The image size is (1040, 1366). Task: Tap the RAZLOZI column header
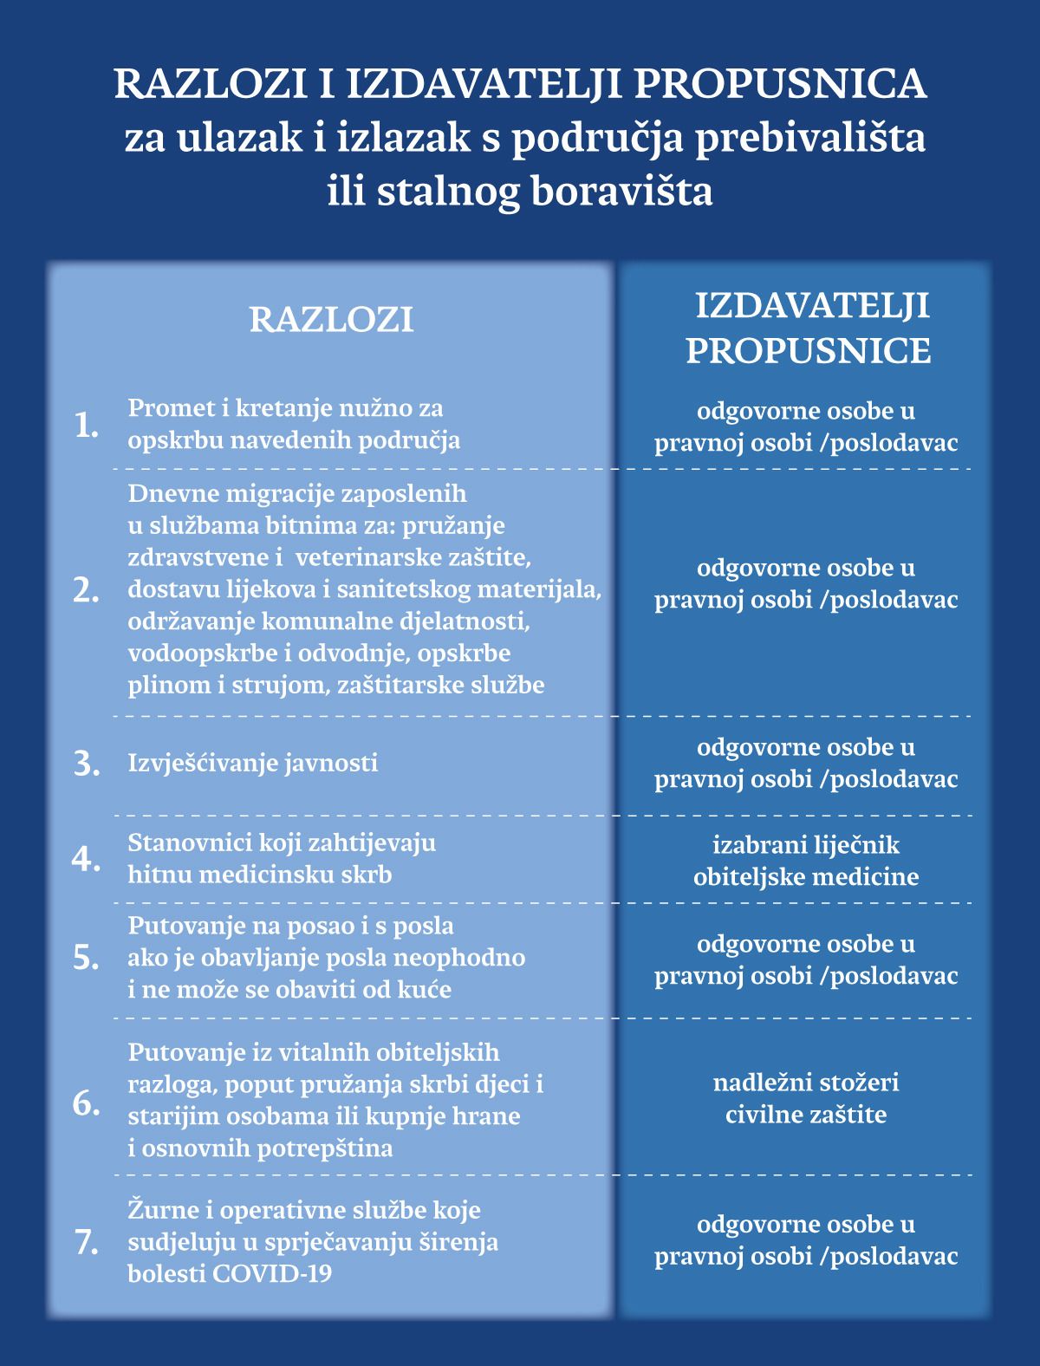(331, 320)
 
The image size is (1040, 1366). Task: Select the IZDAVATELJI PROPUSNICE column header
(809, 328)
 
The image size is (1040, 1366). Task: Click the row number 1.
(87, 425)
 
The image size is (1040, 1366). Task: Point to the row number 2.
(87, 590)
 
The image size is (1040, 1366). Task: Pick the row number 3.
(87, 764)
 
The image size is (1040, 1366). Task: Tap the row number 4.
(87, 859)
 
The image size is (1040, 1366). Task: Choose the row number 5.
(87, 958)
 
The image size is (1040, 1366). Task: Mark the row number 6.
(87, 1103)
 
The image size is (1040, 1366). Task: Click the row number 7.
(87, 1243)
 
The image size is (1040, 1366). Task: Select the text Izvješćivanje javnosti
(253, 764)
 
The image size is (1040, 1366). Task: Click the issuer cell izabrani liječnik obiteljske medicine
(806, 860)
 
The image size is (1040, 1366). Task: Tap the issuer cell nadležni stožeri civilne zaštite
(806, 1097)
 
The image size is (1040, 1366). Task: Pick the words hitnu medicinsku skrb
(260, 875)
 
